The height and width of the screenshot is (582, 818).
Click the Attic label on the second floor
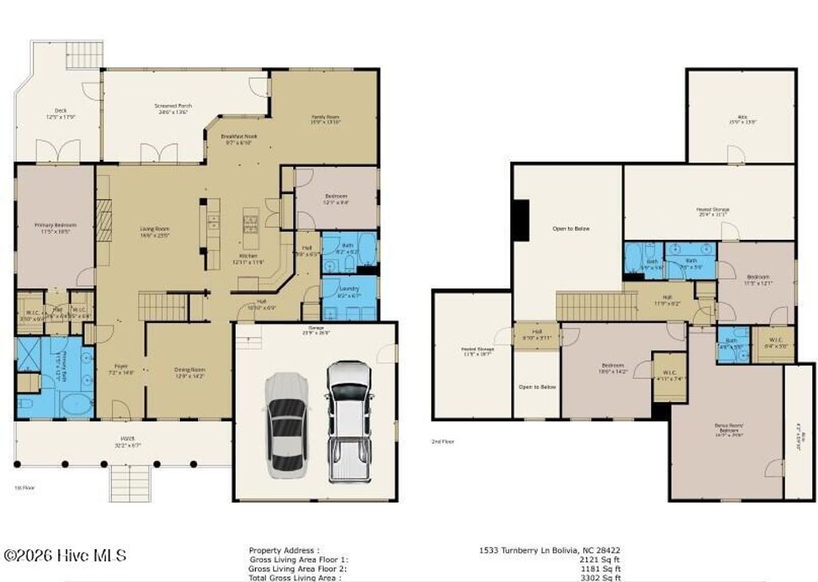pyautogui.click(x=742, y=120)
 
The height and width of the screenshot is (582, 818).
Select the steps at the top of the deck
pyautogui.click(x=84, y=55)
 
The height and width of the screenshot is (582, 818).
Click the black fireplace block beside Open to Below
pyautogui.click(x=520, y=220)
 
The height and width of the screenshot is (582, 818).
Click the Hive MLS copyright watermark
pyautogui.click(x=64, y=556)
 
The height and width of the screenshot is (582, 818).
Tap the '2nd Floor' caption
pyautogui.click(x=443, y=441)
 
